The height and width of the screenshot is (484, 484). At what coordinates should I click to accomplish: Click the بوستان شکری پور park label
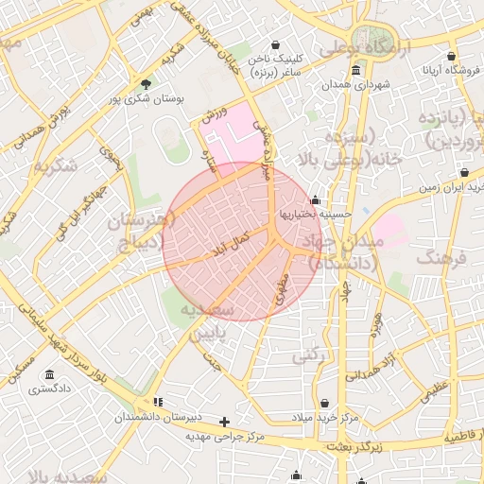click(x=144, y=98)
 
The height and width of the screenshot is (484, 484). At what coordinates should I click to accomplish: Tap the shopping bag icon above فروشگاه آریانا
click(x=452, y=57)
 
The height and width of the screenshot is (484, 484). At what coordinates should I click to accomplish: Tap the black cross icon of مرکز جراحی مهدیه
click(x=224, y=422)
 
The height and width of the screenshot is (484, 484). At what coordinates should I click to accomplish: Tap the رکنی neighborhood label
click(x=306, y=356)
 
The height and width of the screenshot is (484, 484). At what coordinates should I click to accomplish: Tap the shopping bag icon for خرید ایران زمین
click(x=464, y=173)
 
